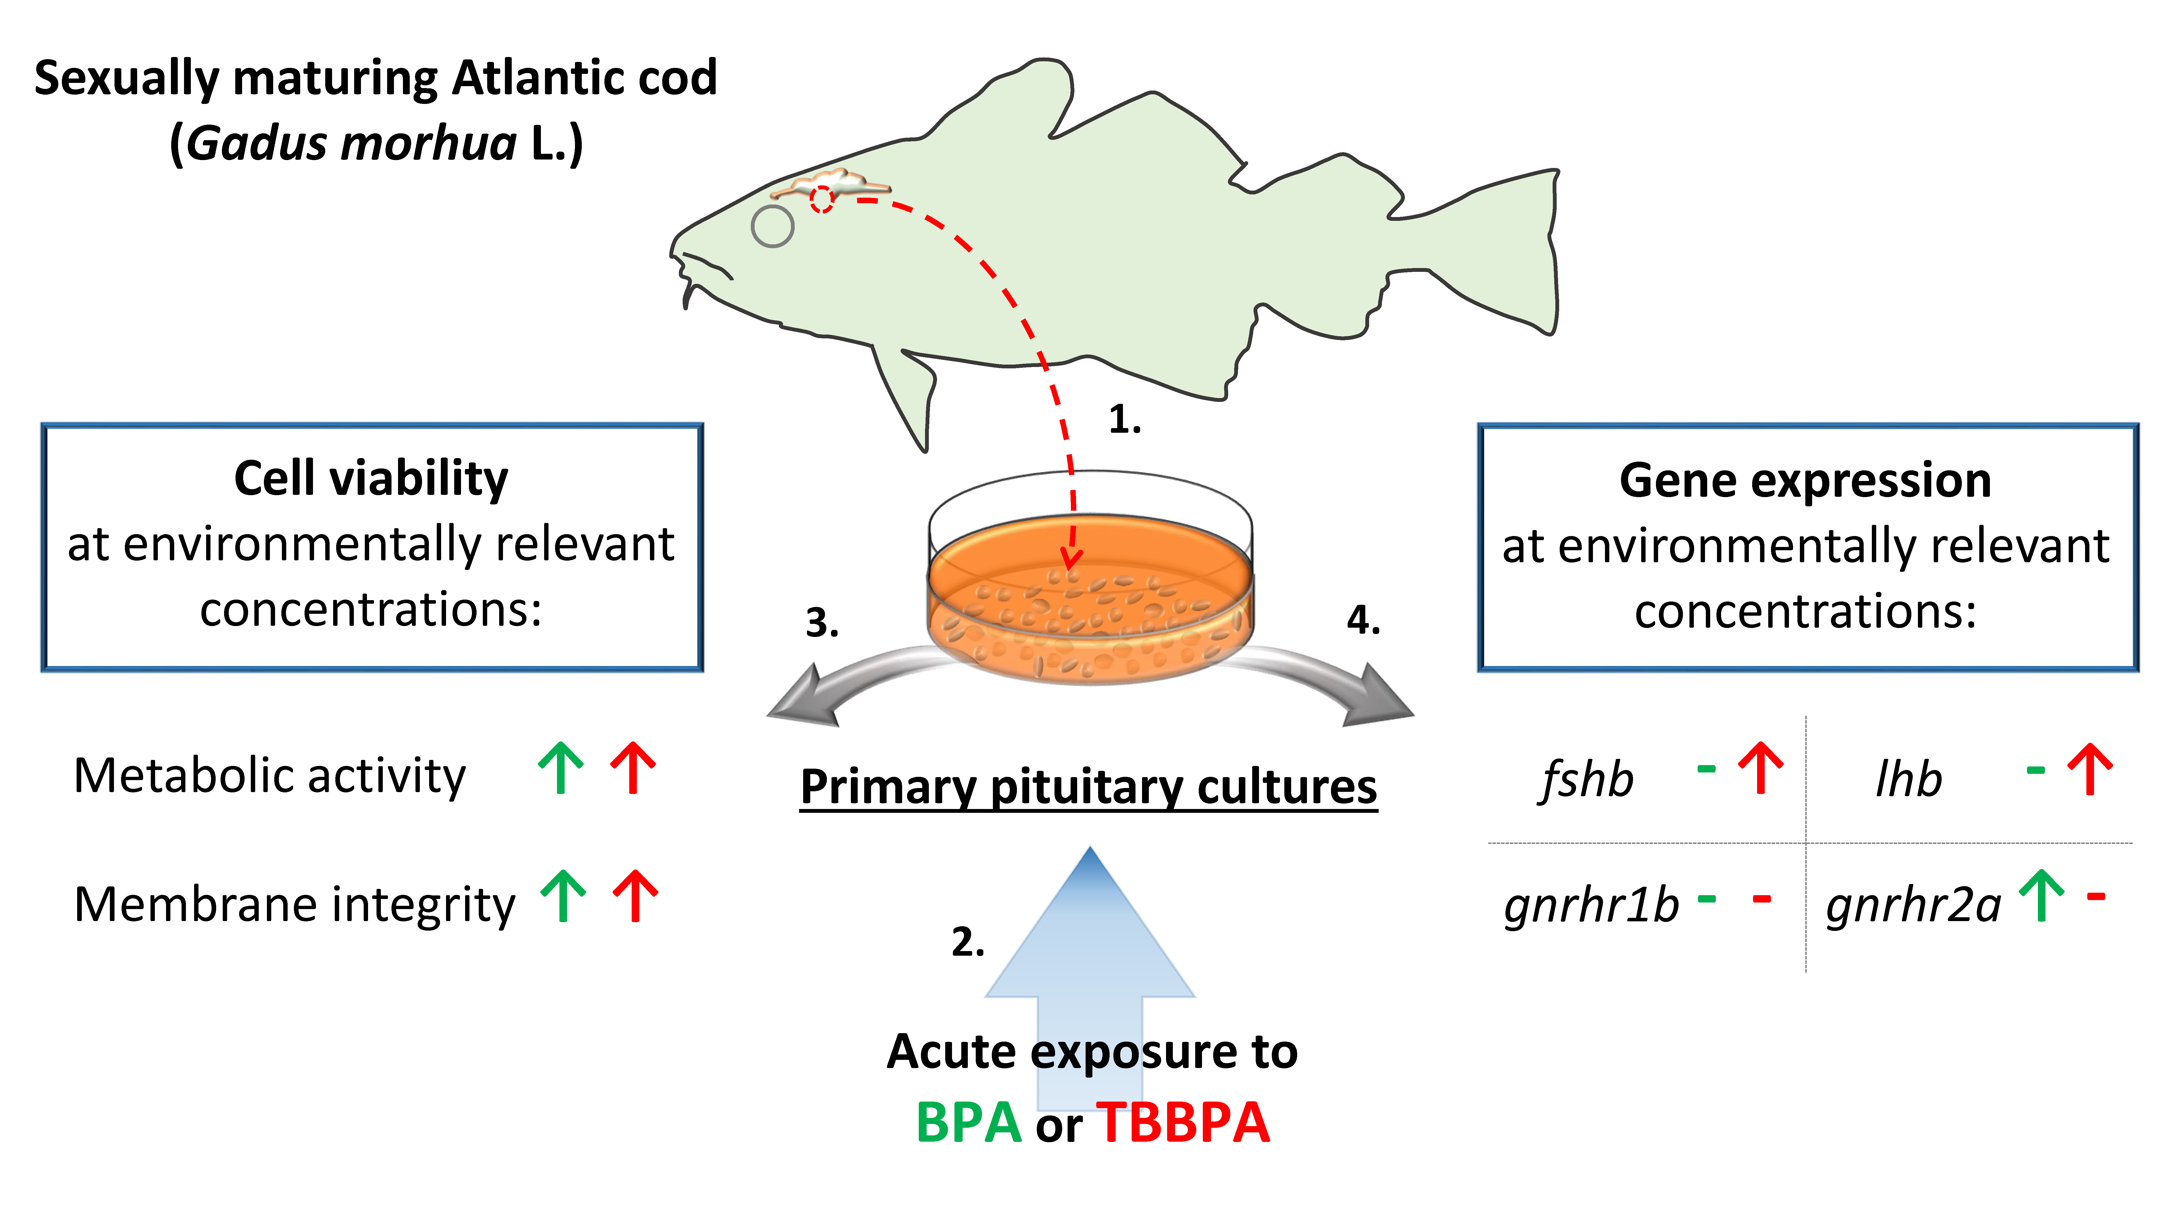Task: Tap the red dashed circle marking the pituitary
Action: tap(821, 200)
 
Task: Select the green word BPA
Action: tap(969, 1123)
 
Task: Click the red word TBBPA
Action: tap(1183, 1123)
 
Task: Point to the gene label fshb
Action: tap(1586, 779)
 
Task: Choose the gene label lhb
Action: tap(1908, 779)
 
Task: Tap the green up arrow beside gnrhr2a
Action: tap(2041, 896)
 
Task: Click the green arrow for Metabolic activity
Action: tap(561, 768)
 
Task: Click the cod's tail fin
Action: tap(1490, 254)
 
